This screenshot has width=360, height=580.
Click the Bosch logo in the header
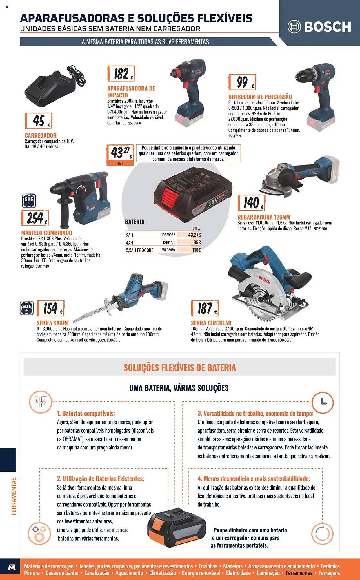click(x=319, y=27)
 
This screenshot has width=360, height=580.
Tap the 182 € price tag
click(x=121, y=74)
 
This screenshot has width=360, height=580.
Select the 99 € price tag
click(x=242, y=82)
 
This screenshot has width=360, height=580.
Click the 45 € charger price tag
click(x=39, y=121)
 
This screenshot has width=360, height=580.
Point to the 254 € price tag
click(x=35, y=218)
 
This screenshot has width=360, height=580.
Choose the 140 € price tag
click(x=251, y=202)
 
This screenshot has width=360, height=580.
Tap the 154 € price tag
click(x=51, y=308)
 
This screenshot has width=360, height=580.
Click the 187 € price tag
click(x=205, y=308)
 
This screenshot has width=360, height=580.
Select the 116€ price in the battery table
click(x=197, y=250)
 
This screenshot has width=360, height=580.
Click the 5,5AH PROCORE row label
click(x=139, y=250)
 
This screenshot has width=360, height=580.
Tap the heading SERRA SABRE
click(x=52, y=323)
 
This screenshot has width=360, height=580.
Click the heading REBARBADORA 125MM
click(x=263, y=217)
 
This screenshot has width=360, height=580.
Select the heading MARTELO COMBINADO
click(x=47, y=233)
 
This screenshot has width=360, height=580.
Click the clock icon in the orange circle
click(x=323, y=402)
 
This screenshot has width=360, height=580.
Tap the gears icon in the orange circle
click(x=39, y=533)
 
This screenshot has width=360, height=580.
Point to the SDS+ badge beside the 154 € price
click(x=27, y=308)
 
